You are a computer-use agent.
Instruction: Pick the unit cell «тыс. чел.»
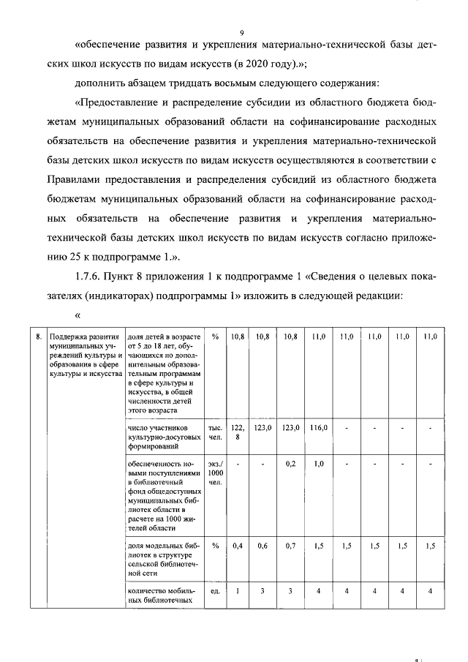pyautogui.click(x=215, y=432)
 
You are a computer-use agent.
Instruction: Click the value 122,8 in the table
pyautogui.click(x=237, y=432)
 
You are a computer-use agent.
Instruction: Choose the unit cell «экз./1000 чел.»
pyautogui.click(x=215, y=473)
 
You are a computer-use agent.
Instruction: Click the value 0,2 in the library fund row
pyautogui.click(x=290, y=463)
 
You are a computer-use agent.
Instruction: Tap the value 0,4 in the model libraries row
pyautogui.click(x=237, y=545)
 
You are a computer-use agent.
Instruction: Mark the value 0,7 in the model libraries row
pyautogui.click(x=290, y=545)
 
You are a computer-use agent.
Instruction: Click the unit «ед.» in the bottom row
pyautogui.click(x=215, y=591)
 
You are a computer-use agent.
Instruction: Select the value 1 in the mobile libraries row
pyautogui.click(x=237, y=591)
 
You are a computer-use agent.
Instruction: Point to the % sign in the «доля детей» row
pyautogui.click(x=215, y=336)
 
